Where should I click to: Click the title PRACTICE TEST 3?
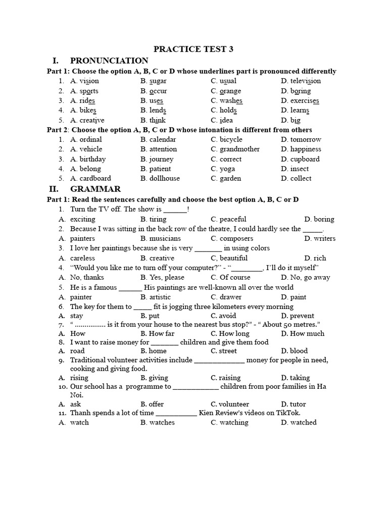pyautogui.click(x=193, y=49)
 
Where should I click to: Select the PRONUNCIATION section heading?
pyautogui.click(x=109, y=61)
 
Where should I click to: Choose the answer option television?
pyautogui.click(x=305, y=81)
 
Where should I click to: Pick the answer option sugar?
pyautogui.click(x=157, y=81)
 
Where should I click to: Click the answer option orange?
pyautogui.click(x=230, y=91)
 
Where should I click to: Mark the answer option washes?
pyautogui.click(x=231, y=100)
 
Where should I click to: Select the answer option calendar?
pyautogui.click(x=162, y=139)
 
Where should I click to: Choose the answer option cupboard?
pyautogui.click(x=305, y=159)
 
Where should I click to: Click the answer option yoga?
pyautogui.click(x=228, y=169)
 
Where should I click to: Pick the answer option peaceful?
pyautogui.click(x=232, y=219)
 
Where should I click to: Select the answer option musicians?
pyautogui.click(x=165, y=238)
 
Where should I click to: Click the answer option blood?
pyautogui.click(x=299, y=351)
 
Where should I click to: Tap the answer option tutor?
pyautogui.click(x=298, y=404)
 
